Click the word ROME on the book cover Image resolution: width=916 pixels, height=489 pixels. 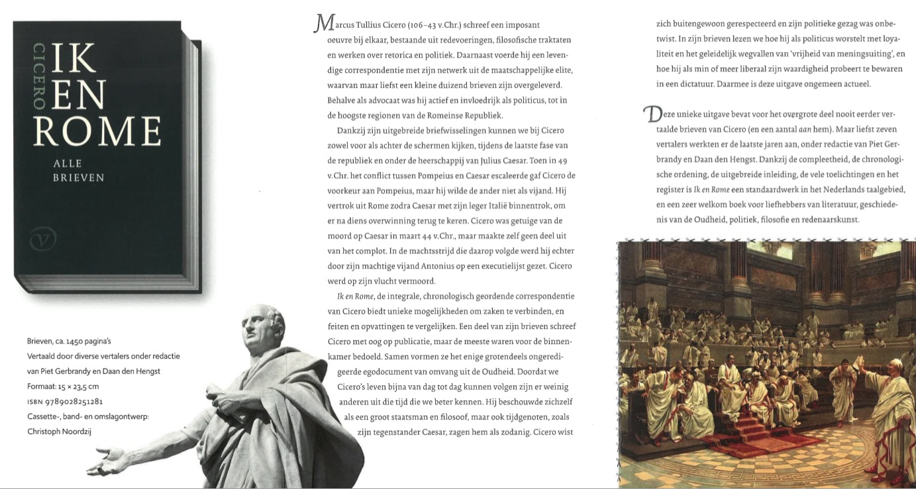(x=97, y=130)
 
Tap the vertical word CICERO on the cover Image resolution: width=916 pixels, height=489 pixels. (x=40, y=75)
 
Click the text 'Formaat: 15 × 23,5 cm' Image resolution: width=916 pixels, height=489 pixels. (x=63, y=386)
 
